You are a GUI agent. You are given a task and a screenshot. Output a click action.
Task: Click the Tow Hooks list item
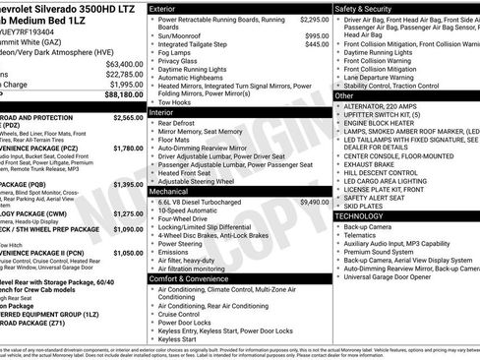(176, 102)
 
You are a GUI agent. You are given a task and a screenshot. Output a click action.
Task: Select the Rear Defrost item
(180, 124)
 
